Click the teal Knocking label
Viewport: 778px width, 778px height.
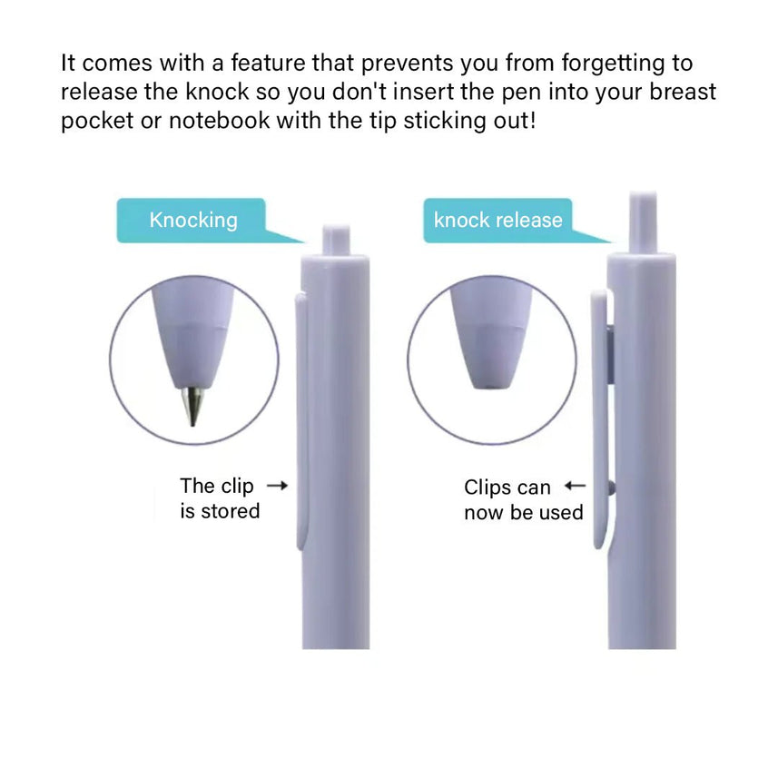pos(193,221)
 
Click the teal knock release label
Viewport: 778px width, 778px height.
pos(497,221)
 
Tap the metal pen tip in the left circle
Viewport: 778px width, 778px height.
pos(193,407)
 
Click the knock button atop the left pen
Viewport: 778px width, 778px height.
pos(336,240)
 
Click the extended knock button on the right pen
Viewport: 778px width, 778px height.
pos(643,222)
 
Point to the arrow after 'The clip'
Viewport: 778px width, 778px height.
pos(278,486)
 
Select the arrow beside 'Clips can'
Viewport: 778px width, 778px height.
pos(575,486)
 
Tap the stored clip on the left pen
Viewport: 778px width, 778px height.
pos(301,422)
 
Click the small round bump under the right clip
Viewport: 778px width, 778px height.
pos(611,488)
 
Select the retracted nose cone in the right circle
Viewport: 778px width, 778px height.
pos(491,339)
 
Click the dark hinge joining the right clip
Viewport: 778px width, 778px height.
pos(611,354)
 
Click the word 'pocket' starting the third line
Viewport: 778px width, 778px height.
pos(97,122)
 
